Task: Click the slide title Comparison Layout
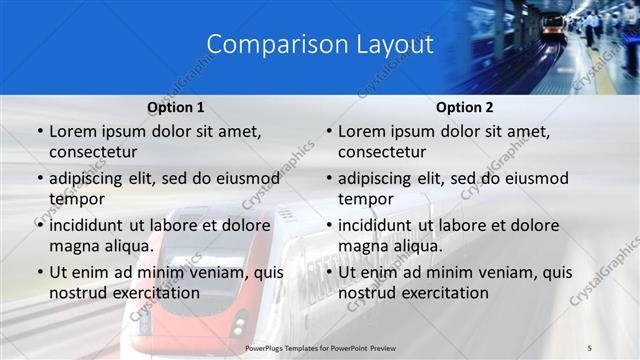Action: (320, 45)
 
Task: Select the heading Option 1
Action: (176, 107)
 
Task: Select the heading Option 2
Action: (465, 107)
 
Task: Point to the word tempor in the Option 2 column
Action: (365, 199)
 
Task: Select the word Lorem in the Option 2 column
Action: (360, 132)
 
